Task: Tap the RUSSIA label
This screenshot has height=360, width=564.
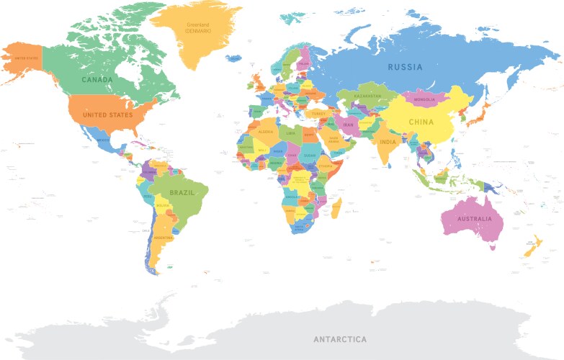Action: pos(405,67)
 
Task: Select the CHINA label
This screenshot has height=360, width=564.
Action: pos(421,122)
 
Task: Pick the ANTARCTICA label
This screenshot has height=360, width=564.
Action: pos(339,338)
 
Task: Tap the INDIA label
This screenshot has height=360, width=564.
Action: pos(388,141)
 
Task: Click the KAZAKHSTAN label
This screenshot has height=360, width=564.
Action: pos(367,95)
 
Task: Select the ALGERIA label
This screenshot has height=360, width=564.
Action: pos(267,132)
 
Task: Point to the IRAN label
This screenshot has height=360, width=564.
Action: pos(348,125)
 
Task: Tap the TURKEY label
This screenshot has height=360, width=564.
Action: pos(318,113)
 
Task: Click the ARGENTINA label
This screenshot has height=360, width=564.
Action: pos(164,237)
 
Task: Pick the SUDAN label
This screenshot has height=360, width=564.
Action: pos(310,155)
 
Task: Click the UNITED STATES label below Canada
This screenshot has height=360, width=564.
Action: pos(107,115)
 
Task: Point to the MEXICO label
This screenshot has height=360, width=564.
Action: pos(103,140)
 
